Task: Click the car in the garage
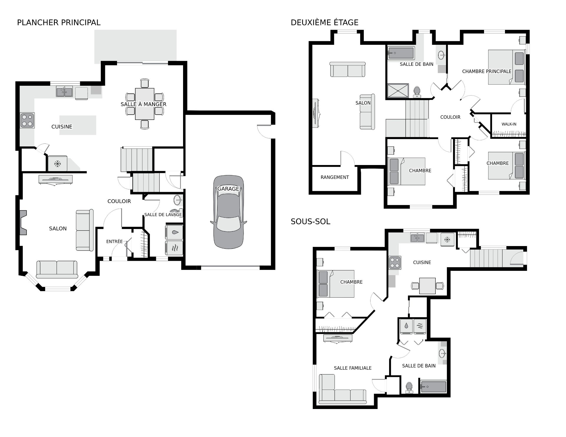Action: click(228, 212)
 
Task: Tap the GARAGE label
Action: click(228, 189)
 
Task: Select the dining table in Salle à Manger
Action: click(144, 104)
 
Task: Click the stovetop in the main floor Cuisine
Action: click(27, 120)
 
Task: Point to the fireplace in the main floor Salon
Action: click(23, 222)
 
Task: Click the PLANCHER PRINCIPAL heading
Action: click(59, 22)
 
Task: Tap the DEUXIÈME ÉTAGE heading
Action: click(325, 22)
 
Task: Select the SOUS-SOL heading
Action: click(310, 222)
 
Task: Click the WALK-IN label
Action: click(509, 124)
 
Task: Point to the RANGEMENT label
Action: click(335, 177)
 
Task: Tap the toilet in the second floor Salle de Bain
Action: click(417, 92)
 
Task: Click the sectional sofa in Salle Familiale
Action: click(342, 389)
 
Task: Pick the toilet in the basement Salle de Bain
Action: click(409, 387)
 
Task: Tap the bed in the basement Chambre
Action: click(336, 284)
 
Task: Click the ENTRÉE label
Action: click(114, 241)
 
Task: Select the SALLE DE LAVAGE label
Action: click(163, 215)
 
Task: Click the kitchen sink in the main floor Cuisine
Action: click(65, 92)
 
